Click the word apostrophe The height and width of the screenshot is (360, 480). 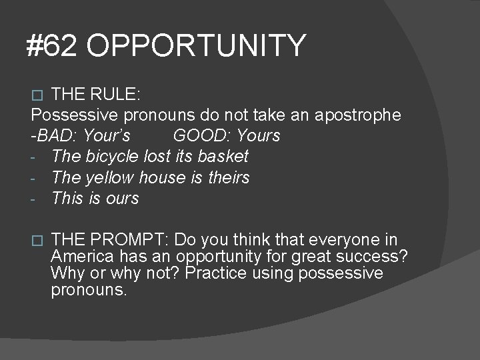(357, 115)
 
